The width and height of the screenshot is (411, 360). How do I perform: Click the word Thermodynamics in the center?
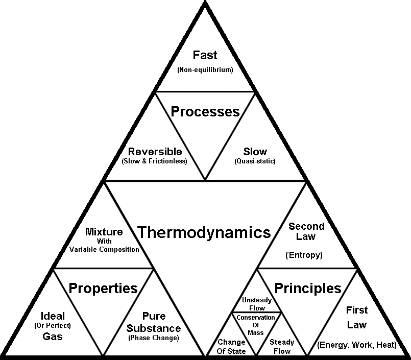204,233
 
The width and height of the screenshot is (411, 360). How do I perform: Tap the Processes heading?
205,111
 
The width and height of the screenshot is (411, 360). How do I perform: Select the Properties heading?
103,288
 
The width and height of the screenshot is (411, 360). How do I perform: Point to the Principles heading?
308,288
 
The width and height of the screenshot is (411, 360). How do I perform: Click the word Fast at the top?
205,55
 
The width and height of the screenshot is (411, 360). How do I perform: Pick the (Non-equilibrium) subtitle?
205,70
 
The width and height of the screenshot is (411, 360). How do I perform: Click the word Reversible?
155,152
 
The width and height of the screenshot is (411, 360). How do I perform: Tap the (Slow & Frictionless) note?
155,161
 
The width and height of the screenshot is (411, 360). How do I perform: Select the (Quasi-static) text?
255,161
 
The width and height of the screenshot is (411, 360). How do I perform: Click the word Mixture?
104,232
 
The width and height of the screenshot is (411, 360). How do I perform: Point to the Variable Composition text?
104,249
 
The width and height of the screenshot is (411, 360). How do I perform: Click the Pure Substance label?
154,323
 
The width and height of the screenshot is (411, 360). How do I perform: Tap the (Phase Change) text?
154,338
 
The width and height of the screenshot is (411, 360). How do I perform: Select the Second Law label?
306,231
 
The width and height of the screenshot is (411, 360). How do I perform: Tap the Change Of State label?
232,346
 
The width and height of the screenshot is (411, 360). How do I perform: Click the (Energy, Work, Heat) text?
357,345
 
